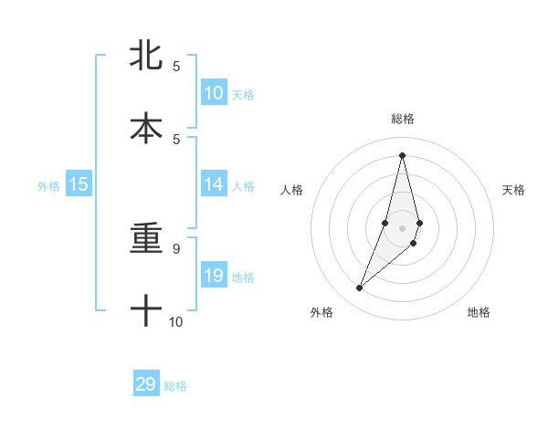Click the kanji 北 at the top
click(146, 56)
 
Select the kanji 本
click(146, 128)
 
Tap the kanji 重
click(146, 239)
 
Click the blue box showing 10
click(214, 93)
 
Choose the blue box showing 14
click(214, 184)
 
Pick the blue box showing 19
click(214, 276)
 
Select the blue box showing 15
click(79, 184)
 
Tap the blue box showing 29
click(146, 384)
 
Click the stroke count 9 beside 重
click(176, 248)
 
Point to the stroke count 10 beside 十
click(176, 321)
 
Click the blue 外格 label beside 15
click(48, 185)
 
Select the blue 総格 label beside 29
click(175, 385)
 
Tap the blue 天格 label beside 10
click(243, 94)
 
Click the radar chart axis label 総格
click(403, 119)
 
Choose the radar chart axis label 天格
click(513, 190)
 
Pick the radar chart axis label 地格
click(479, 312)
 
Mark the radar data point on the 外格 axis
click(360, 288)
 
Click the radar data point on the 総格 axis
click(403, 155)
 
